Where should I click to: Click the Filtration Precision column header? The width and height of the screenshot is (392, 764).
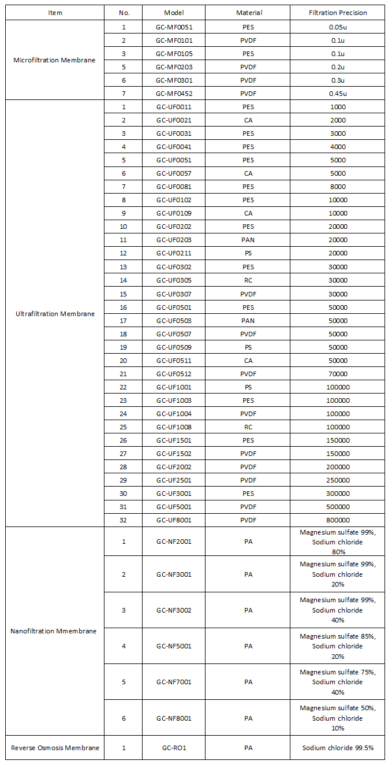[x=338, y=13]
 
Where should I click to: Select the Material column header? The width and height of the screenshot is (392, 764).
[x=249, y=13]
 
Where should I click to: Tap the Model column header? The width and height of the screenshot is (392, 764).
[x=174, y=13]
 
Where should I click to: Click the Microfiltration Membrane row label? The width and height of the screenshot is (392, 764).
[x=54, y=61]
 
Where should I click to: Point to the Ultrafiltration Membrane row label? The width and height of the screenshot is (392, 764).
[x=55, y=314]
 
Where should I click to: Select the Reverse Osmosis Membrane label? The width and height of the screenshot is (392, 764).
[x=55, y=748]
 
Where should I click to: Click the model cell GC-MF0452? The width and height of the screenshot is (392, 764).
[x=174, y=94]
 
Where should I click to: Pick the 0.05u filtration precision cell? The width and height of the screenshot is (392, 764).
[x=338, y=27]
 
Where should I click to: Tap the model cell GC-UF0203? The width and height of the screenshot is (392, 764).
[x=174, y=240]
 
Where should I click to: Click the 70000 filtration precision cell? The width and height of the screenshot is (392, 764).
[x=338, y=373]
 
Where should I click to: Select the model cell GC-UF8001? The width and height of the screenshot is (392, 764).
[x=174, y=520]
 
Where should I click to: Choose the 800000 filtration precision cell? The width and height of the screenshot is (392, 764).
[x=338, y=520]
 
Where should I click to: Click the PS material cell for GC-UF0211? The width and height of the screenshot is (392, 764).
[x=248, y=253]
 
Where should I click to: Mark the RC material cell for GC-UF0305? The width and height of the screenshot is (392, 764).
[x=248, y=280]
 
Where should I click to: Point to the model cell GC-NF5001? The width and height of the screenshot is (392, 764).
[x=174, y=646]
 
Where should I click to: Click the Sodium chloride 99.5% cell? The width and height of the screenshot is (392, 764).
[x=338, y=748]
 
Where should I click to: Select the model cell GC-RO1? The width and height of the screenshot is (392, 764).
[x=174, y=748]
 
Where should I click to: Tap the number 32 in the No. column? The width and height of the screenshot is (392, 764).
[x=124, y=520]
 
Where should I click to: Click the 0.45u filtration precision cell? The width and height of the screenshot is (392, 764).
[x=338, y=94]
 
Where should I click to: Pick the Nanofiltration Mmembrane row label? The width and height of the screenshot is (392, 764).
[x=54, y=631]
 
